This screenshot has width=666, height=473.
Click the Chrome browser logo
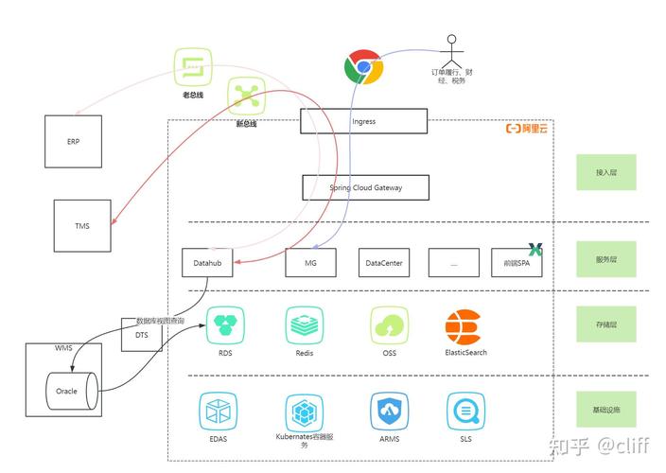(x=362, y=69)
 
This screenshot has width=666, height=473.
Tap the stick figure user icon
(x=451, y=48)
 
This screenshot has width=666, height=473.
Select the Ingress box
(x=364, y=121)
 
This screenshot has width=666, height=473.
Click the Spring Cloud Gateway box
(x=365, y=187)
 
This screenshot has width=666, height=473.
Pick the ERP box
(x=73, y=141)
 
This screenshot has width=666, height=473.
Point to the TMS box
(x=82, y=226)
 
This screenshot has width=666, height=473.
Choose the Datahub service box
(x=207, y=263)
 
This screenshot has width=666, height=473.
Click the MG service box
(x=310, y=263)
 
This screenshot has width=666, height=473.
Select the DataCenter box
(x=384, y=263)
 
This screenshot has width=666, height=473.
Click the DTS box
(x=142, y=335)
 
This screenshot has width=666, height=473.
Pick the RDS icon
(x=225, y=325)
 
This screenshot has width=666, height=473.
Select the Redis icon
(x=305, y=325)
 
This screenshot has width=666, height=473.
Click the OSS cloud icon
(x=389, y=325)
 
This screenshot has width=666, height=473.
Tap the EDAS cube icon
(x=219, y=412)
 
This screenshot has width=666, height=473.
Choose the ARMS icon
(x=389, y=412)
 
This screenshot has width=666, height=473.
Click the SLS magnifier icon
(x=464, y=412)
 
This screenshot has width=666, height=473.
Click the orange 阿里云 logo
(x=527, y=128)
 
